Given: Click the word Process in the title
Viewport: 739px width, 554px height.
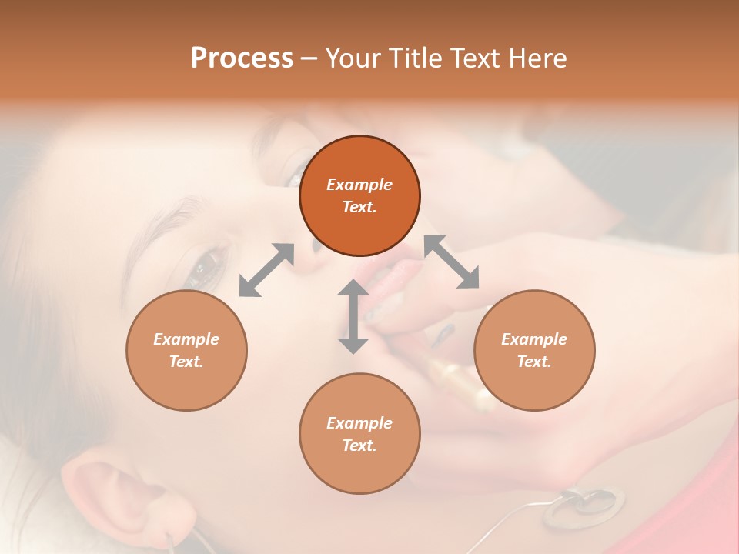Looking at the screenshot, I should click(x=242, y=58).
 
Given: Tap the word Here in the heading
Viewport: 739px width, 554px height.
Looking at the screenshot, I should click(x=537, y=58).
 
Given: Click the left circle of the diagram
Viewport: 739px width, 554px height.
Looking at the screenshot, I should click(x=186, y=350).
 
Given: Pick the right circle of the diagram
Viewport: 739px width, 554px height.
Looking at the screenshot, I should click(x=533, y=350).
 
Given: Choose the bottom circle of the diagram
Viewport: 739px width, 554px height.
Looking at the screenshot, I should click(x=359, y=433).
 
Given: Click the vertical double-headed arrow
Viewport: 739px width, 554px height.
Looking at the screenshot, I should click(x=353, y=317).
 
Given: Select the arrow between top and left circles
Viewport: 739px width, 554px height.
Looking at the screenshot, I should click(x=266, y=270).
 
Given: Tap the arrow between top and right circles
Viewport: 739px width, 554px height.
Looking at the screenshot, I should click(x=452, y=262).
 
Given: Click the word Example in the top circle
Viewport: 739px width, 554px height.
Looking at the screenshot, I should click(x=359, y=185).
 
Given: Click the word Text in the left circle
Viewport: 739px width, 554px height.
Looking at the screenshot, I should click(x=186, y=362).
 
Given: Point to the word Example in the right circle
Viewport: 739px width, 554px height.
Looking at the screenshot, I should click(x=533, y=339).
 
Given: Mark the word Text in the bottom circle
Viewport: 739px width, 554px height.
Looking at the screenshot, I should click(x=359, y=446).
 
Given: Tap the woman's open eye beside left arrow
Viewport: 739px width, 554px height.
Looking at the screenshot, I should click(x=202, y=267).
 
